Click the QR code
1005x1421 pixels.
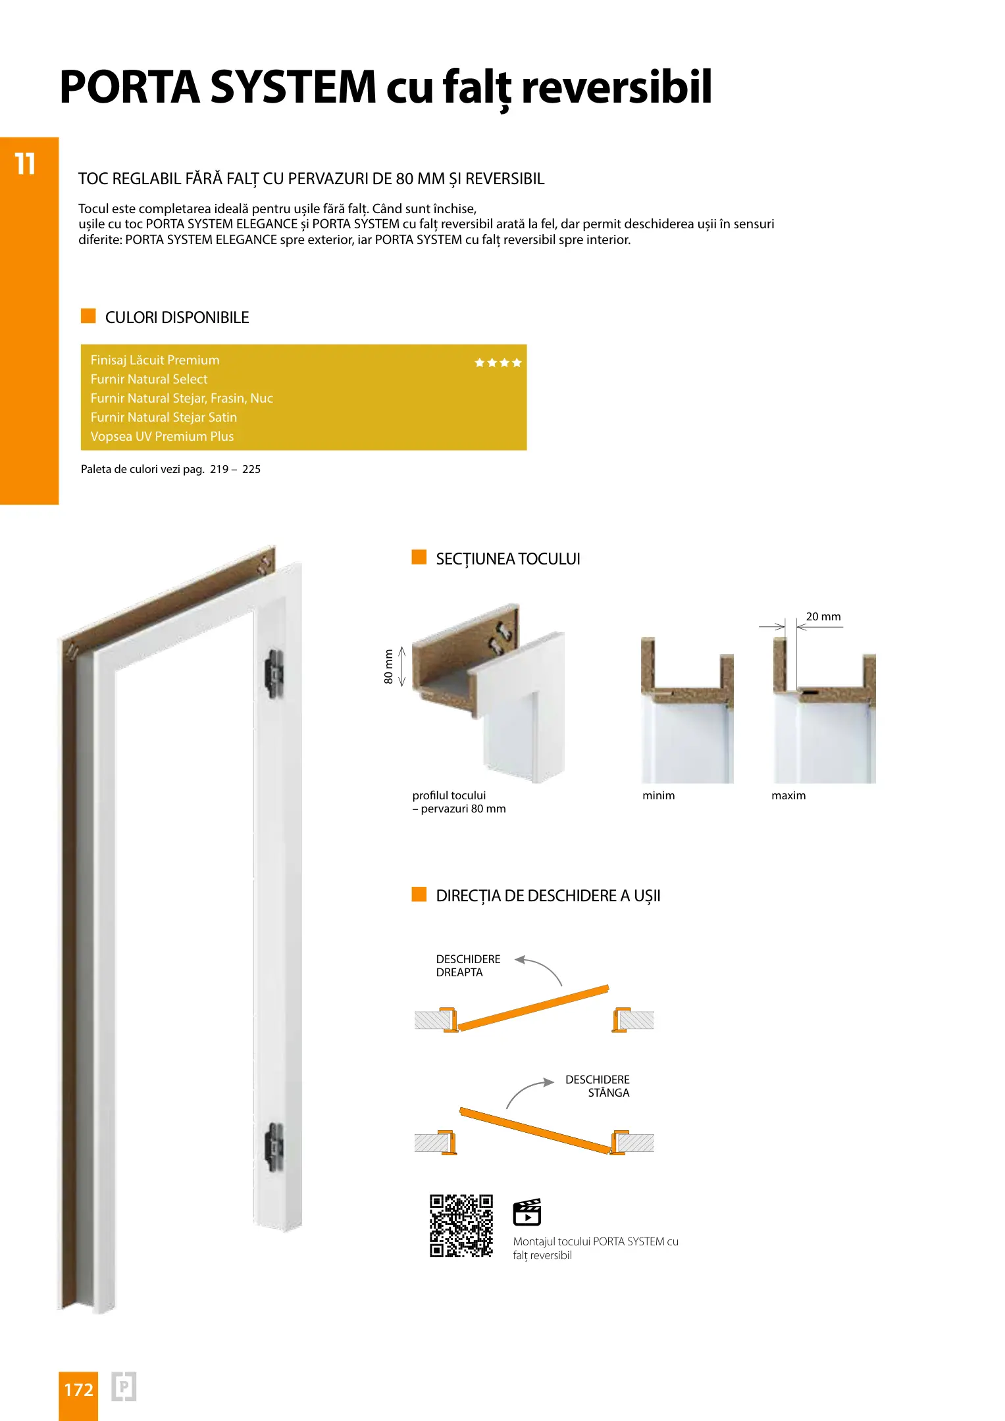[461, 1225]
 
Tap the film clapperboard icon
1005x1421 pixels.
[527, 1212]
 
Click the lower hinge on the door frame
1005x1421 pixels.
[274, 1147]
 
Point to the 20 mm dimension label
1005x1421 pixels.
[823, 616]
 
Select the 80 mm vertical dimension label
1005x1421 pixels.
[389, 666]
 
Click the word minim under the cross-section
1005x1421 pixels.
[658, 795]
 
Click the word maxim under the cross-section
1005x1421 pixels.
[788, 795]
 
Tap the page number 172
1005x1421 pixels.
[78, 1389]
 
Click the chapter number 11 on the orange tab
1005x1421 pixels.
[25, 164]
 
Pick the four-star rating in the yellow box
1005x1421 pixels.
[498, 362]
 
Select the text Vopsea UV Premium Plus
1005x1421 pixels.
[162, 436]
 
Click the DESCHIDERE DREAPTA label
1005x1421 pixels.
[467, 965]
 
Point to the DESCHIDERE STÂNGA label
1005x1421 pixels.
[598, 1085]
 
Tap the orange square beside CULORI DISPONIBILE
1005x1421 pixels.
[88, 316]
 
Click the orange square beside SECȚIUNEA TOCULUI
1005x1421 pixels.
[419, 557]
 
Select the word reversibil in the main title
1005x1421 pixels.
[616, 87]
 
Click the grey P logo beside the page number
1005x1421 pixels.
[123, 1387]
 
